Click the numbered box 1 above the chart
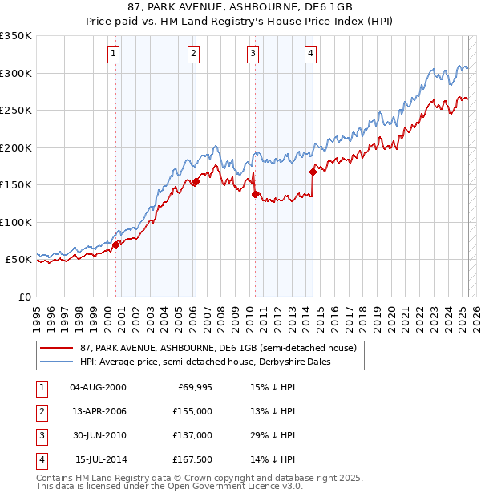(113, 54)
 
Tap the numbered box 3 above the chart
(253, 54)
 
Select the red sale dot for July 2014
(313, 172)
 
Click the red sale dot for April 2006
(196, 182)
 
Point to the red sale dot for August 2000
(115, 244)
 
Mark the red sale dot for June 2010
(255, 194)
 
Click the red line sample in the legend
(56, 347)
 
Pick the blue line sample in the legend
(56, 362)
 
